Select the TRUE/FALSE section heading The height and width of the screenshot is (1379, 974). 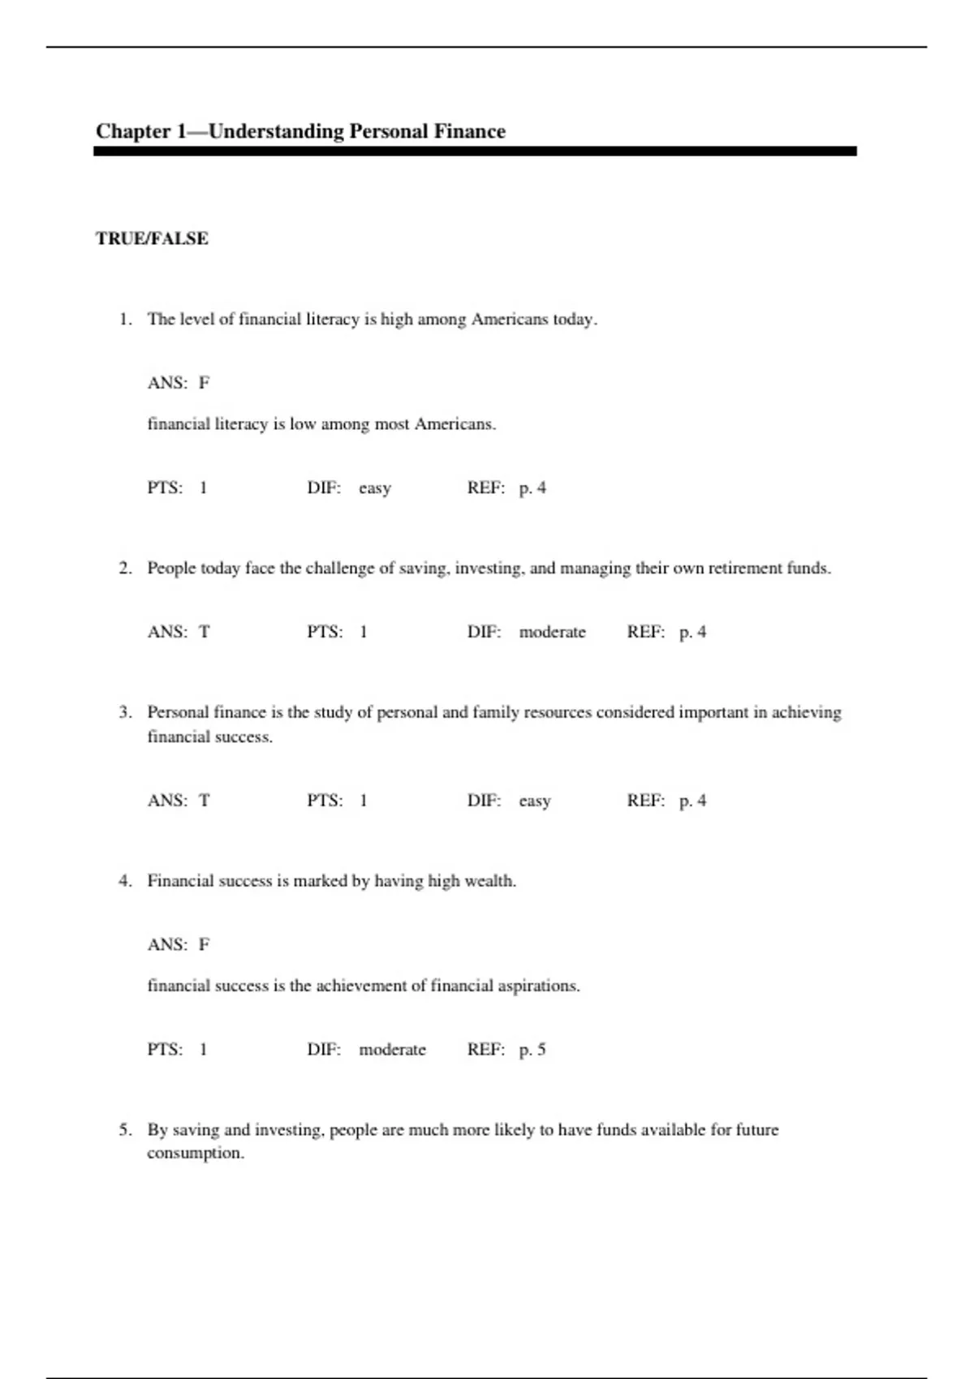coord(152,238)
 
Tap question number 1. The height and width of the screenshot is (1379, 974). coord(125,320)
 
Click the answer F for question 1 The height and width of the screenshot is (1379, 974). coord(204,383)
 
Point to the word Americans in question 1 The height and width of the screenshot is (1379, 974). coord(509,320)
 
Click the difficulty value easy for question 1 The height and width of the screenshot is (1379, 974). coord(374,488)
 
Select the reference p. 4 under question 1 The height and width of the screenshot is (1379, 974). coord(532,488)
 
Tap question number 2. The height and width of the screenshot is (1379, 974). coord(125,569)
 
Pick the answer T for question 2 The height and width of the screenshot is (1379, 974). coord(204,632)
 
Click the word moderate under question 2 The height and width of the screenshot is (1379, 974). coord(552,632)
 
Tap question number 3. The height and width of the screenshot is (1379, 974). coord(125,712)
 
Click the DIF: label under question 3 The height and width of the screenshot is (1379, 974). coord(484,801)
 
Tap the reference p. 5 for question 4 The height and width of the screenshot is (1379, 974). coord(532,1050)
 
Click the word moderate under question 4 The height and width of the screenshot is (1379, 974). coord(392,1050)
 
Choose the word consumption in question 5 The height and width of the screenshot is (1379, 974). coord(195,1153)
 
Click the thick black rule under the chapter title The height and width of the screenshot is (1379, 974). coord(475,152)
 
